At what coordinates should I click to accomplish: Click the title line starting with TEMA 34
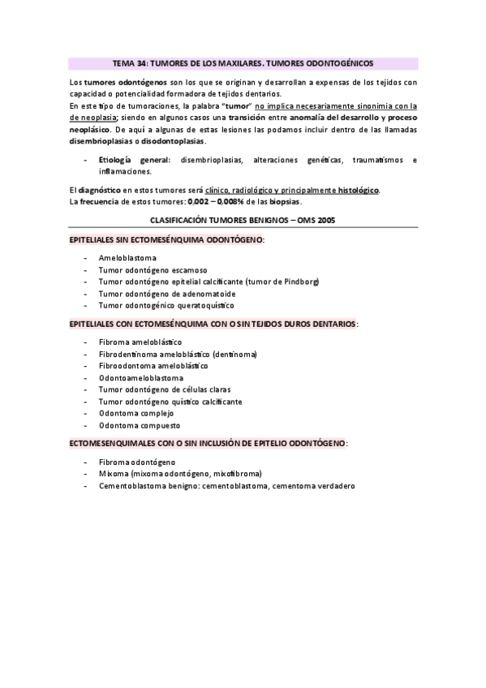click(243, 62)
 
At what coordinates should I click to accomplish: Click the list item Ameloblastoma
click(127, 257)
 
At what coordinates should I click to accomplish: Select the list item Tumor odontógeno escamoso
click(153, 269)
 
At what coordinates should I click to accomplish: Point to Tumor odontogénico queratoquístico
click(166, 306)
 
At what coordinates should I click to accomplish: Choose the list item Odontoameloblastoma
click(140, 378)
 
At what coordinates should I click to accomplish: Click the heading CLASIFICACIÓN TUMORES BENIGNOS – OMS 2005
click(243, 221)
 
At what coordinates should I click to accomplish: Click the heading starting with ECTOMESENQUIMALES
click(209, 444)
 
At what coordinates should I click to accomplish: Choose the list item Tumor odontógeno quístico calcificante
click(170, 402)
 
